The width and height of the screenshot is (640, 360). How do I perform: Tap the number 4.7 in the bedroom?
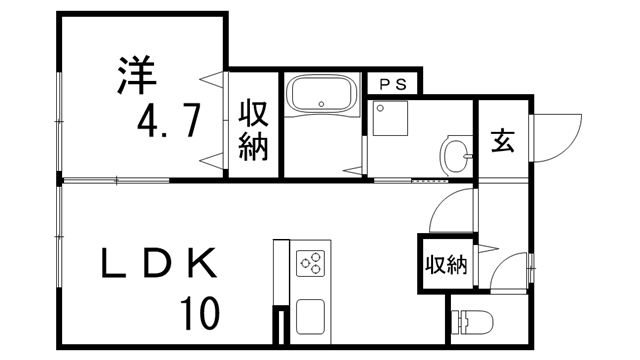[x=171, y=122]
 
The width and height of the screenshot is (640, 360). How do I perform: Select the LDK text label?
[x=159, y=263]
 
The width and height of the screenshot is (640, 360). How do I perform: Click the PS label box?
[x=392, y=85]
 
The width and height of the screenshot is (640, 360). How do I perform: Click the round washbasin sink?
[x=456, y=157]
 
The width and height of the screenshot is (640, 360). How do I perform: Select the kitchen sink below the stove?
[x=309, y=317]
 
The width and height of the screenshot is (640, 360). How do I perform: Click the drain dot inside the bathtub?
[x=319, y=103]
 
